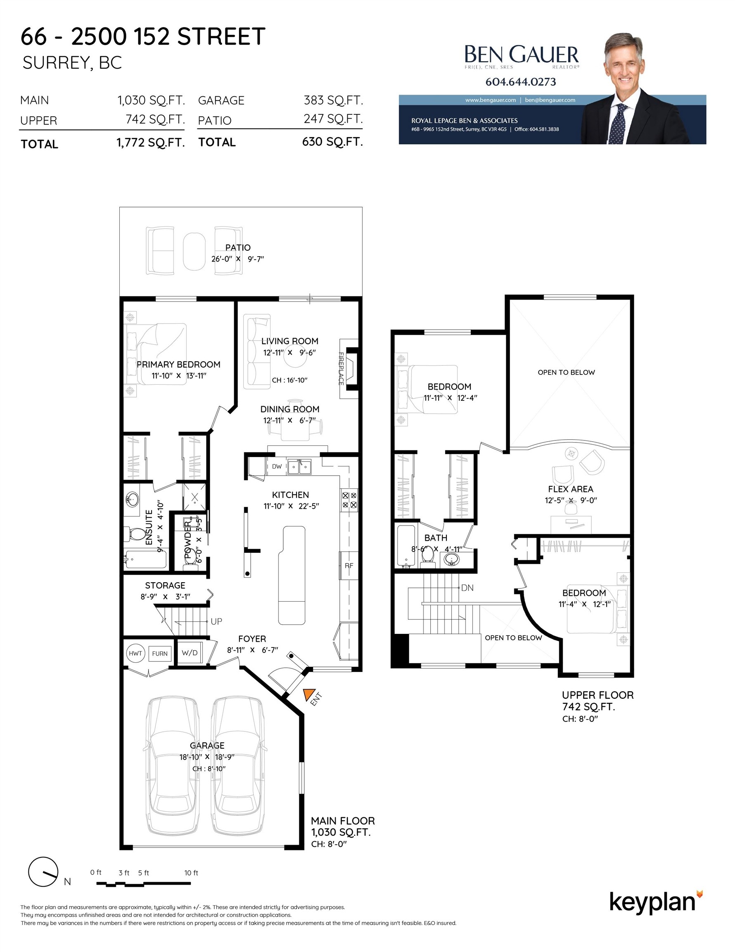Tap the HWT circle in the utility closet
pyautogui.click(x=135, y=653)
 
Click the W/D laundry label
pyautogui.click(x=190, y=652)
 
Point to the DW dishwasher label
pyautogui.click(x=277, y=466)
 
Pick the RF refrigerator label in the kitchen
pyautogui.click(x=349, y=566)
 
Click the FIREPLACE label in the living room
pyautogui.click(x=341, y=369)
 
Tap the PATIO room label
pyautogui.click(x=238, y=248)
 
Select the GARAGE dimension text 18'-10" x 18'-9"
pyautogui.click(x=207, y=757)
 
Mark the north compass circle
pyautogui.click(x=43, y=872)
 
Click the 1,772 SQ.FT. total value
pyautogui.click(x=151, y=143)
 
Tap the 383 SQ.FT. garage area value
pyautogui.click(x=333, y=100)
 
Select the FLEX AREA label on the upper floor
pyautogui.click(x=571, y=489)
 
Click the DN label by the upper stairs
pyautogui.click(x=467, y=588)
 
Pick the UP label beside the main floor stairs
pyautogui.click(x=216, y=621)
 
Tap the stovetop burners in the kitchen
pyautogui.click(x=349, y=500)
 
